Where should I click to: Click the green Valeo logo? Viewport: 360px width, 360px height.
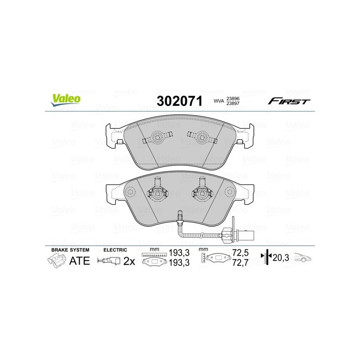tap(66, 100)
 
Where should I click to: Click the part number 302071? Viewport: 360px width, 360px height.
tap(180, 101)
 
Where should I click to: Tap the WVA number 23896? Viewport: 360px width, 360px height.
tap(233, 99)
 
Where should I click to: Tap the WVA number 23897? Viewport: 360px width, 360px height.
tap(233, 103)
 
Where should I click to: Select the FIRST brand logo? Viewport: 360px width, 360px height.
tap(289, 101)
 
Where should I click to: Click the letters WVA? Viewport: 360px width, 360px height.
tap(219, 101)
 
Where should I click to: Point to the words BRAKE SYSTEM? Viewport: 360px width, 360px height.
tap(70, 250)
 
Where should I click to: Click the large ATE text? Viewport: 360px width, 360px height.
tap(80, 261)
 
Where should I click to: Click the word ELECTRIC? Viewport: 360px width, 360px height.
tap(115, 250)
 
